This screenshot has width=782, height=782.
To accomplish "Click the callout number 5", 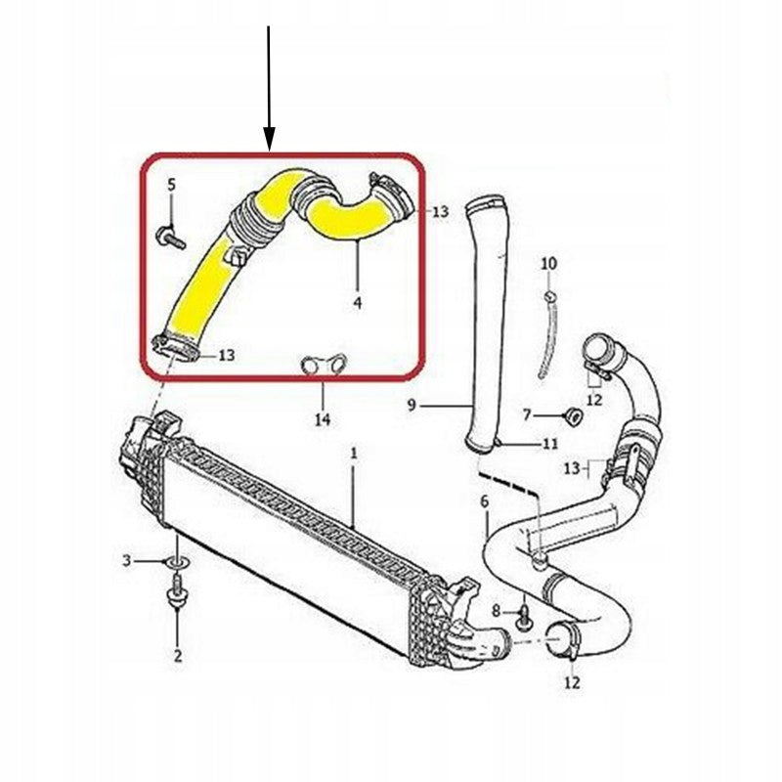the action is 171,185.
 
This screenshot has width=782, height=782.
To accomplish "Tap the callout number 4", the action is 357,302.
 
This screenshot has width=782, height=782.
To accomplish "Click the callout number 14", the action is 323,419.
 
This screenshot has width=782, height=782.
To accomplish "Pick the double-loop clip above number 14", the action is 324,363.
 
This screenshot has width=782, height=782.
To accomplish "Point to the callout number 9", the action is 412,405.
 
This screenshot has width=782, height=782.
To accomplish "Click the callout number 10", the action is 548,263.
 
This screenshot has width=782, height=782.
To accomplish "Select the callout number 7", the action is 527,414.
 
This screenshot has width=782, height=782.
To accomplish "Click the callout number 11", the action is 549,444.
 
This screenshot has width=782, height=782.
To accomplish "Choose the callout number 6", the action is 485,501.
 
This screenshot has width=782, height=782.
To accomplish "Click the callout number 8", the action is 496,610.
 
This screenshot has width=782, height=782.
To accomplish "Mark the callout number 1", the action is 354,454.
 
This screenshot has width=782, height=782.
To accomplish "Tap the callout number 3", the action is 127,560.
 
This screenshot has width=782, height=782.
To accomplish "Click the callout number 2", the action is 178,655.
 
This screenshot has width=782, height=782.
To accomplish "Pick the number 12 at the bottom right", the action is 573,681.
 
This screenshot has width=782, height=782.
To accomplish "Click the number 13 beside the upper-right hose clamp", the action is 441,212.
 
